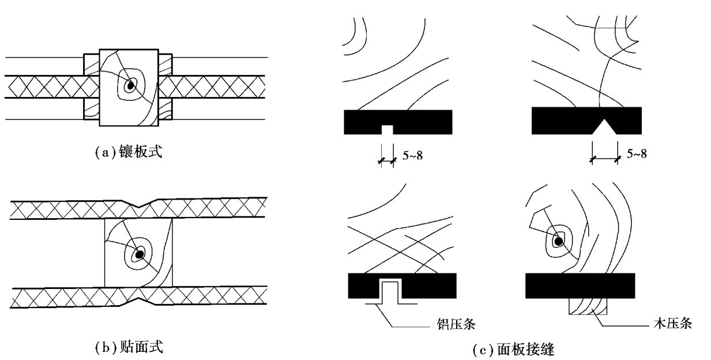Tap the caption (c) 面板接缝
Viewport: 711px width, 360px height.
(x=512, y=349)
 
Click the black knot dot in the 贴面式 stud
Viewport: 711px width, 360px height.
(x=139, y=254)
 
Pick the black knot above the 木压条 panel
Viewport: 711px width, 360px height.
(x=558, y=241)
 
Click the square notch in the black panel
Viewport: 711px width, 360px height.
(x=388, y=130)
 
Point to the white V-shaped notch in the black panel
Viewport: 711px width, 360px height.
(x=604, y=128)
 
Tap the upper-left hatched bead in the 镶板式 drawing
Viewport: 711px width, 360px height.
(x=92, y=65)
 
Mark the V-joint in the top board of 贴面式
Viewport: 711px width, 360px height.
(x=139, y=203)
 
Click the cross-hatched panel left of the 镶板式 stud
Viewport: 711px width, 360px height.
(x=52, y=87)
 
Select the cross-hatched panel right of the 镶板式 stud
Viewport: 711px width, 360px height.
(x=213, y=87)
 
